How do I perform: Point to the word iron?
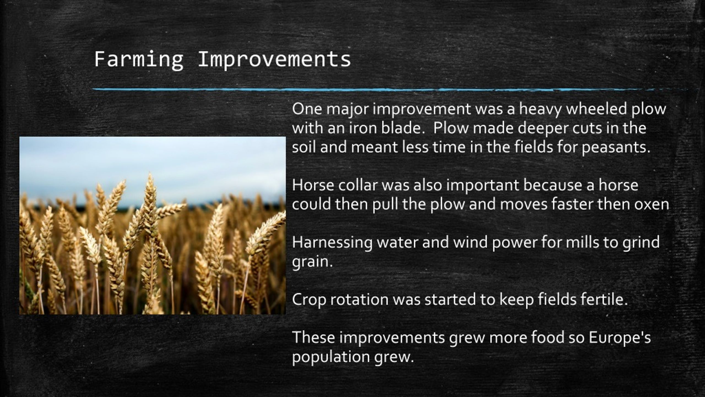click(x=363, y=128)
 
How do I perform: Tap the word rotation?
click(x=359, y=299)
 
